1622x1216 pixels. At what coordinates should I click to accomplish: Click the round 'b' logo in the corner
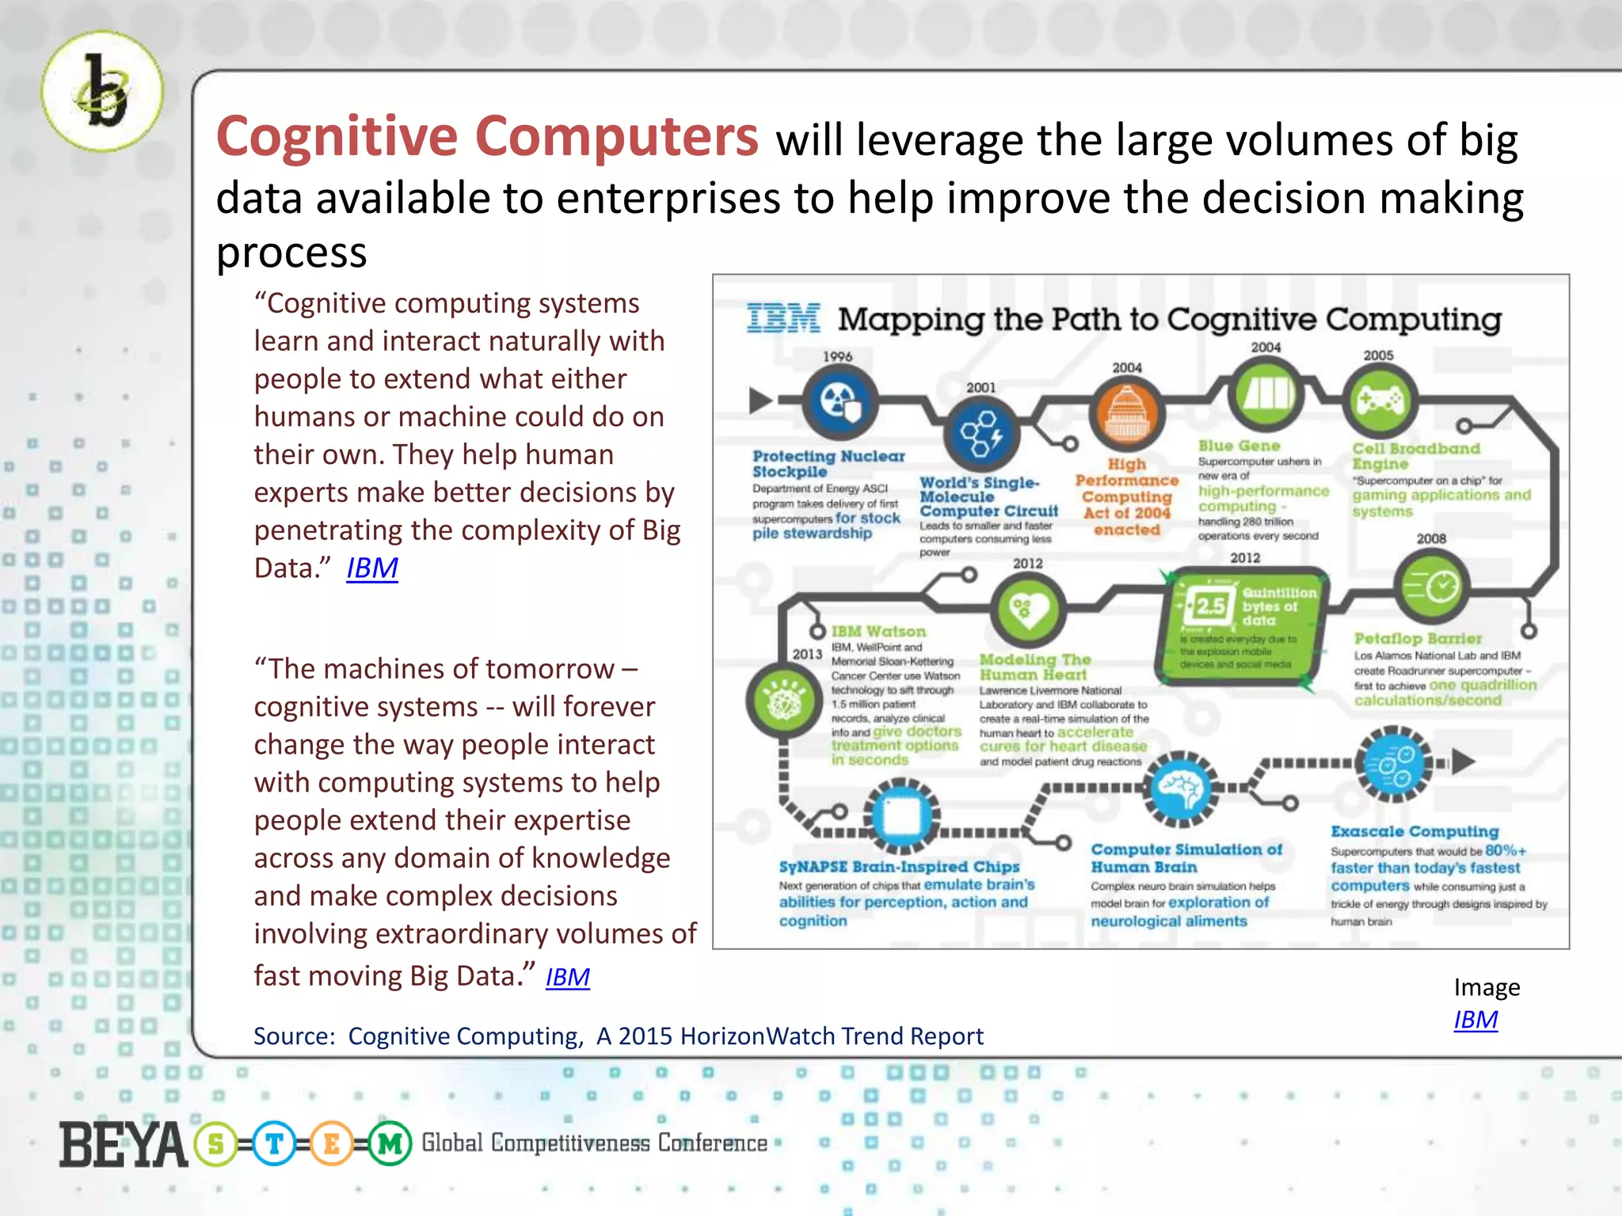pyautogui.click(x=102, y=91)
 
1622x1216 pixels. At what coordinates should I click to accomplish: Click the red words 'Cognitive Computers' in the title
pyautogui.click(x=487, y=137)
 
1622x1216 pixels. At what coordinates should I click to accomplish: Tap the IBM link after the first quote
pyautogui.click(x=371, y=568)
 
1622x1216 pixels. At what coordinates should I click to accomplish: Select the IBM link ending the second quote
pyautogui.click(x=567, y=977)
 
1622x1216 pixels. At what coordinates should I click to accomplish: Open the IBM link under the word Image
pyautogui.click(x=1475, y=1020)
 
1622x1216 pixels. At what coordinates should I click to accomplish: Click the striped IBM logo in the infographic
pyautogui.click(x=782, y=318)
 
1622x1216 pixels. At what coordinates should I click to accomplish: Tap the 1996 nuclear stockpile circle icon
pyautogui.click(x=840, y=402)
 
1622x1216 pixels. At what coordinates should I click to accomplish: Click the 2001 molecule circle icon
pyautogui.click(x=981, y=433)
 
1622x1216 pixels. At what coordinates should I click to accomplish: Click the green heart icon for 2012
pyautogui.click(x=1028, y=610)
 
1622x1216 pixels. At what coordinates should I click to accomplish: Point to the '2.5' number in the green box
pyautogui.click(x=1209, y=606)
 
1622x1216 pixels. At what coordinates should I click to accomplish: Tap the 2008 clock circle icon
pyautogui.click(x=1431, y=586)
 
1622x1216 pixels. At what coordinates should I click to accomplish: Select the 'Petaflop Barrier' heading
pyautogui.click(x=1417, y=638)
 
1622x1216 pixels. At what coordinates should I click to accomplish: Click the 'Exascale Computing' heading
pyautogui.click(x=1414, y=831)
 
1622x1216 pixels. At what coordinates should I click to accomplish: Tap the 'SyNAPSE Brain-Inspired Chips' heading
pyautogui.click(x=899, y=867)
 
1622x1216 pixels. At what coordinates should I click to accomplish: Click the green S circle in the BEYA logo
pyautogui.click(x=216, y=1143)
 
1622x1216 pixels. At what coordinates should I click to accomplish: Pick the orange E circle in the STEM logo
pyautogui.click(x=331, y=1143)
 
